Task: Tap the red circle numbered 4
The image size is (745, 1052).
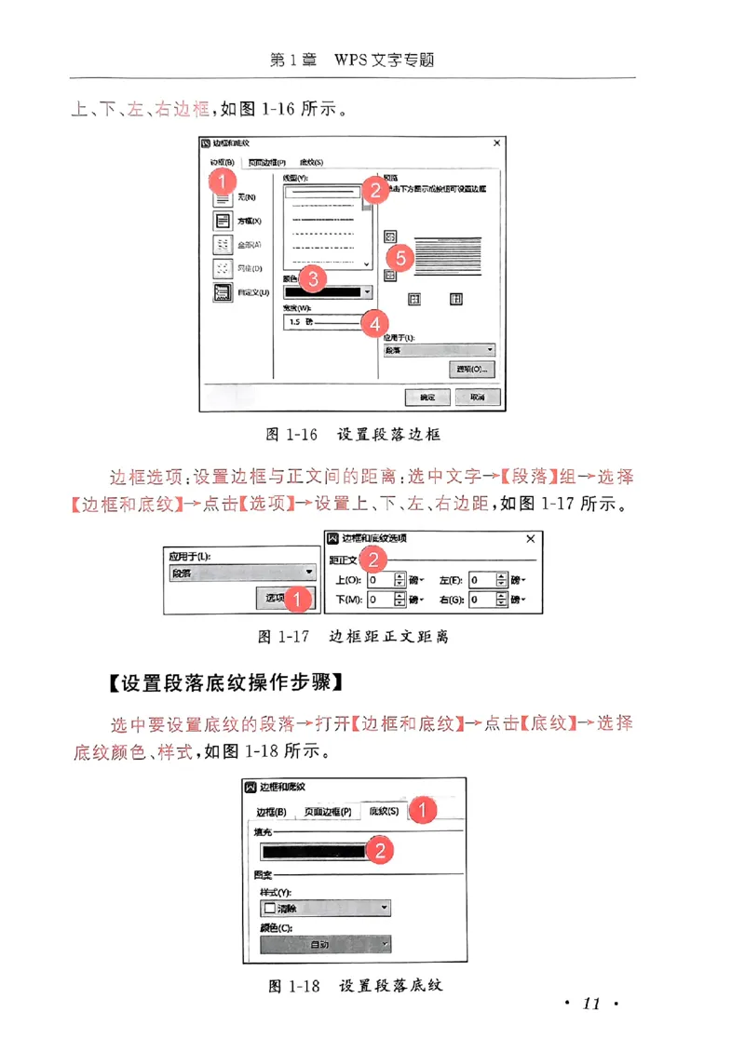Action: coord(374,323)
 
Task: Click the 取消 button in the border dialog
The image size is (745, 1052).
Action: coord(477,397)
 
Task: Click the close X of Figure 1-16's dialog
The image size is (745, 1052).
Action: coord(497,143)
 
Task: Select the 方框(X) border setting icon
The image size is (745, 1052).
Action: coord(223,222)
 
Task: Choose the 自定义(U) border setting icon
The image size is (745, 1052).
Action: coord(223,292)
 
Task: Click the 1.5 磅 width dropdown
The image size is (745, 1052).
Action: coord(322,322)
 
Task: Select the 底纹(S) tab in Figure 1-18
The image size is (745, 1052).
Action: coord(383,812)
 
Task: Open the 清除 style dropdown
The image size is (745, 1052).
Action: coord(325,909)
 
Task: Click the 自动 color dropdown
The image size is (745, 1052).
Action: coord(325,945)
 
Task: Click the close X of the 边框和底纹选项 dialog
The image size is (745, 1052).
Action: coord(531,539)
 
